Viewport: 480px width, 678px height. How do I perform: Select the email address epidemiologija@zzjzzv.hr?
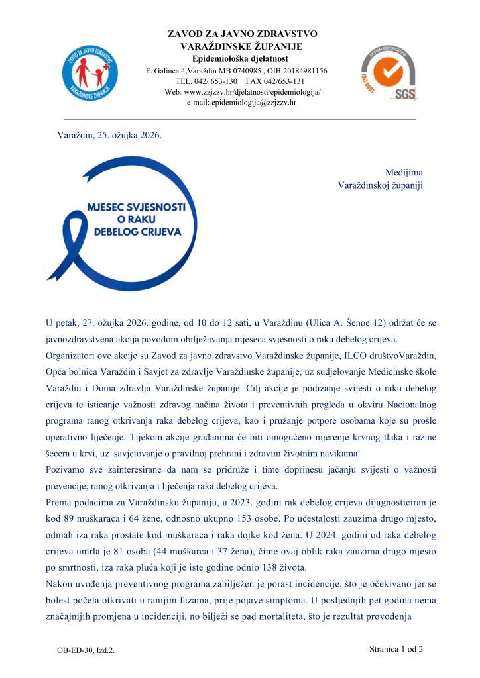tap(241, 103)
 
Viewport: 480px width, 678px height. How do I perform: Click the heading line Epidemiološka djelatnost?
tap(242, 58)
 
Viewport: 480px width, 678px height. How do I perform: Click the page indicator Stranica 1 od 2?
tap(396, 649)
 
